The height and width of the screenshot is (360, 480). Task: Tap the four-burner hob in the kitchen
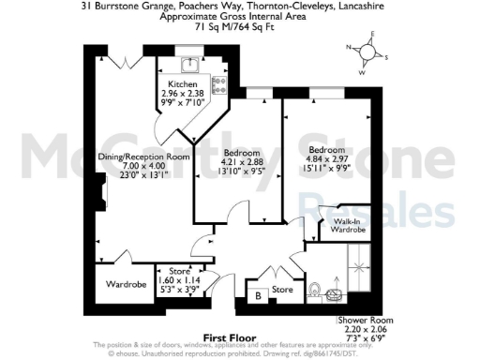[219, 85]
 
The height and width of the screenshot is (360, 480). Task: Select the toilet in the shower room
[315, 290]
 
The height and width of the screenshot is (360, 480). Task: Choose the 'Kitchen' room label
[182, 84]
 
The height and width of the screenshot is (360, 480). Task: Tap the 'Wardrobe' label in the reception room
[125, 283]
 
